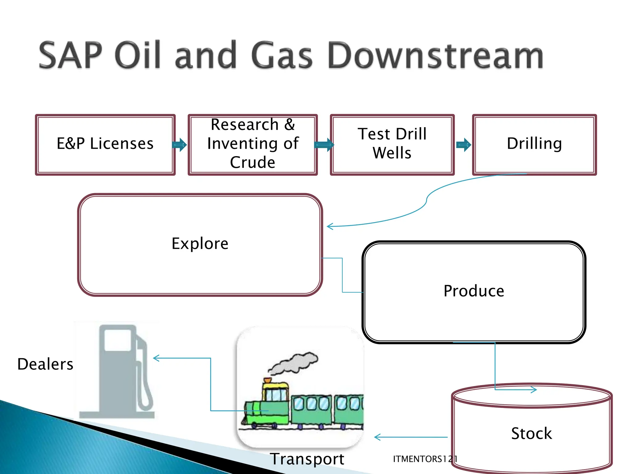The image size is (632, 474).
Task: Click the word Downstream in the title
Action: tap(435, 56)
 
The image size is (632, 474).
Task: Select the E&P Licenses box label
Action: tap(105, 143)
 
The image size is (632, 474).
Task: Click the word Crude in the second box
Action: tap(252, 162)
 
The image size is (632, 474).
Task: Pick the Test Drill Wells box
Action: tap(392, 143)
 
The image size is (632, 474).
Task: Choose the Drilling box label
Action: tap(534, 143)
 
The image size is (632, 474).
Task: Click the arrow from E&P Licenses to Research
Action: tap(180, 145)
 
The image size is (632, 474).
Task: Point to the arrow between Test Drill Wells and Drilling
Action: tap(464, 145)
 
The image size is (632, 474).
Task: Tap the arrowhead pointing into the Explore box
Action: tap(330, 227)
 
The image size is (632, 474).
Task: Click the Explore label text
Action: tap(200, 243)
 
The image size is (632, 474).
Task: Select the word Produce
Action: tap(474, 291)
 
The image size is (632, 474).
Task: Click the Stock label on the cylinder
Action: tap(531, 433)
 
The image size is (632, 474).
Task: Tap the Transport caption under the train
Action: tap(307, 459)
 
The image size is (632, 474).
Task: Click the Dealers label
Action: tap(45, 364)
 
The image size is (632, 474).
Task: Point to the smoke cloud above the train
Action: tap(293, 363)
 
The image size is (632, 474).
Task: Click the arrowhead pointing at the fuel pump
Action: tap(156, 358)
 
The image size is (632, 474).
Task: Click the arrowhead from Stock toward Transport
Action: tap(377, 437)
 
